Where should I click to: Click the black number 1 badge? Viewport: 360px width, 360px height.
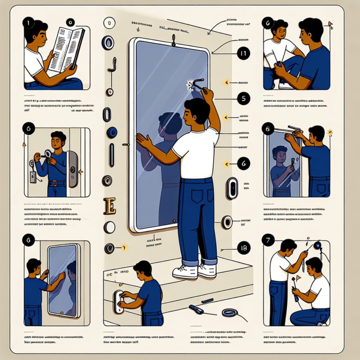[x=29, y=22]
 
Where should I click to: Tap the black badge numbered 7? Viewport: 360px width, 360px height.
[x=269, y=240]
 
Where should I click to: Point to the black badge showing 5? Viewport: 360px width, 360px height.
[x=243, y=98]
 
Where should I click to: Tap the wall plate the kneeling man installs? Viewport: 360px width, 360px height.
[x=119, y=300]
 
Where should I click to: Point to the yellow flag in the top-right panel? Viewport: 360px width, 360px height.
[x=331, y=24]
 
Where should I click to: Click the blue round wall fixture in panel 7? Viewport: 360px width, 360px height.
[x=318, y=245]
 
